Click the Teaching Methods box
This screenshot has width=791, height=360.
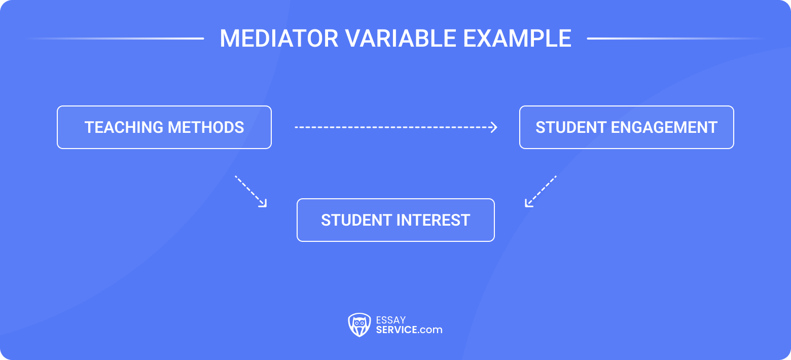(x=164, y=127)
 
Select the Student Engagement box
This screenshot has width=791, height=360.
(x=626, y=127)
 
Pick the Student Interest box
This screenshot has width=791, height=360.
(x=395, y=220)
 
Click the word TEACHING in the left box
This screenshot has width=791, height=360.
(x=124, y=127)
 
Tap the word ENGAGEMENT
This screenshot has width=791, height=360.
(x=664, y=127)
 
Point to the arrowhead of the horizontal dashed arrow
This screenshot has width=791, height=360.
(x=494, y=127)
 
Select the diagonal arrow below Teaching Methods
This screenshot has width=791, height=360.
(x=250, y=191)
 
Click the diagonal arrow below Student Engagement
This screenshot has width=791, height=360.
(x=541, y=191)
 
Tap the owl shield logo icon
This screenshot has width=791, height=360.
(x=359, y=325)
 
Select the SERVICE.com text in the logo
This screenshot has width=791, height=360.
(x=409, y=330)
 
